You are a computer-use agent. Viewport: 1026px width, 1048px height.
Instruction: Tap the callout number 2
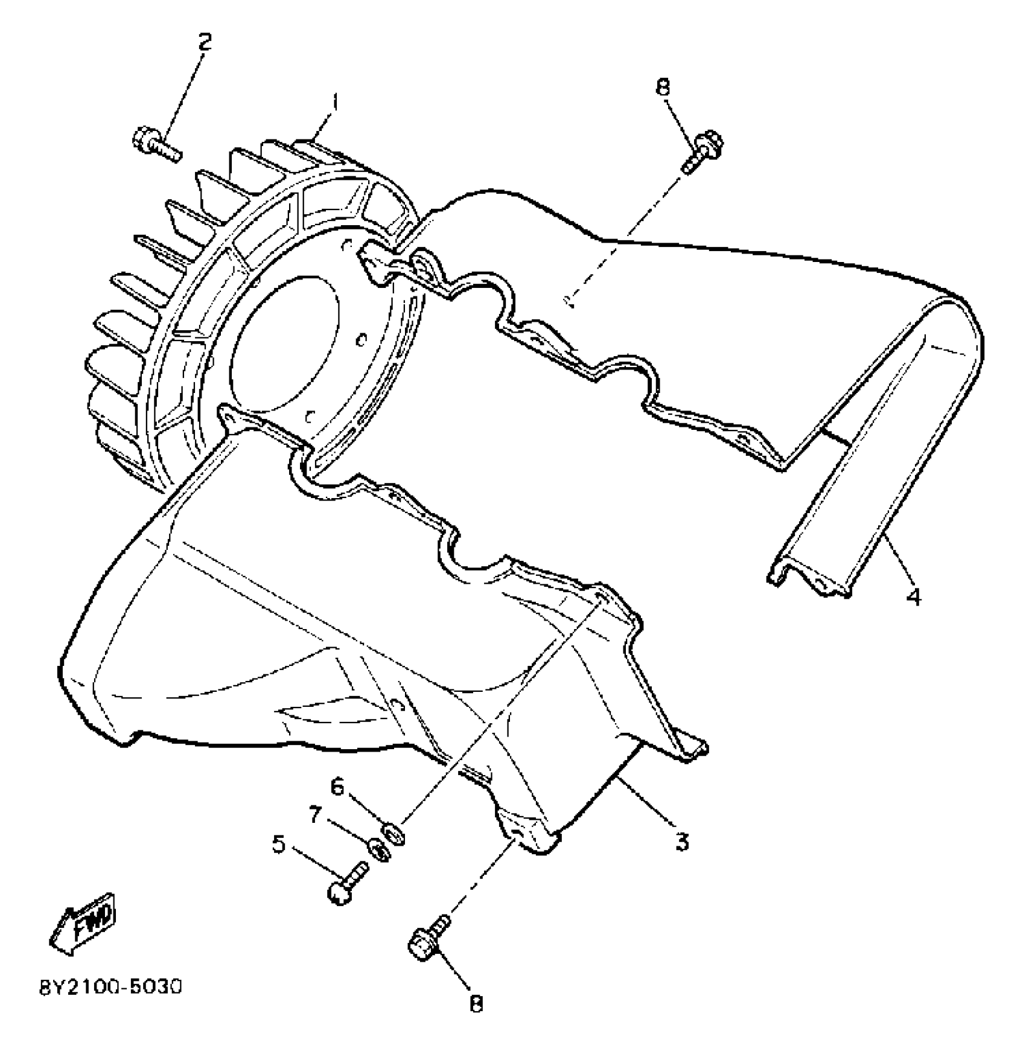[x=205, y=42]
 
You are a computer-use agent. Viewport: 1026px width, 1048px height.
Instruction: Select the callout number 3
[x=682, y=841]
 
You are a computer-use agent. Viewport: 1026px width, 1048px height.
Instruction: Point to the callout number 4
[x=914, y=597]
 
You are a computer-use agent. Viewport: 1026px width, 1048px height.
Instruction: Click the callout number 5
[x=279, y=844]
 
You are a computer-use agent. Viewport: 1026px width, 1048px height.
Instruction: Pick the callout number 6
[x=337, y=787]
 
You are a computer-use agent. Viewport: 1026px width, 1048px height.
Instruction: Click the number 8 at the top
[x=662, y=88]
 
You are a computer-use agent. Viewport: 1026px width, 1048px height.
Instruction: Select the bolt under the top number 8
[x=702, y=151]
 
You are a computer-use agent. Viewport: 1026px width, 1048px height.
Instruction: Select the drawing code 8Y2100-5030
[x=110, y=988]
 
